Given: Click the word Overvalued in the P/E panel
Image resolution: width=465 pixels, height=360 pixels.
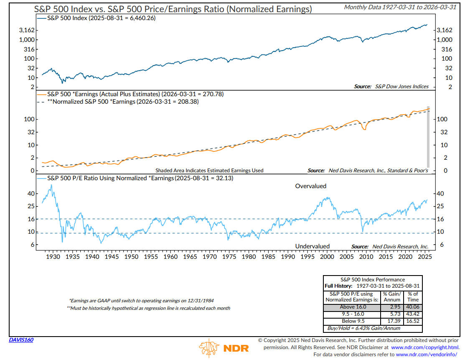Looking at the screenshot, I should coord(311,186).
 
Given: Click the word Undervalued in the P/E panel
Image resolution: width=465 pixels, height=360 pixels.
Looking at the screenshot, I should coord(313,246).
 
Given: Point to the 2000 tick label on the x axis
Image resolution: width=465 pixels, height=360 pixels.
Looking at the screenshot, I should coord(327,256).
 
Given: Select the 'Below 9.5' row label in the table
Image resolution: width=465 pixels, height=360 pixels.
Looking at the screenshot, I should coord(352,322).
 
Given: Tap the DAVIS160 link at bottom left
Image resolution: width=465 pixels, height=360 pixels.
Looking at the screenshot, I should coord(21,340).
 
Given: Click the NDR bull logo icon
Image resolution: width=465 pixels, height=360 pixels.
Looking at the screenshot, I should coord(209,348).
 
